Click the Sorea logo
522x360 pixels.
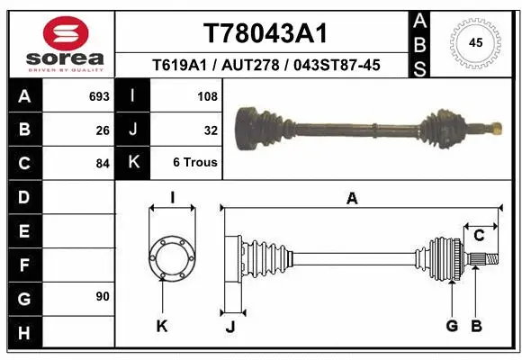pos(65,42)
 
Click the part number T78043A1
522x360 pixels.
pos(265,34)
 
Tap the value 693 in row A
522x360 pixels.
pos(99,96)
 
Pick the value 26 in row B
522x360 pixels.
pos(102,130)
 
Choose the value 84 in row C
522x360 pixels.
pos(102,165)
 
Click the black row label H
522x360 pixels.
pos(23,334)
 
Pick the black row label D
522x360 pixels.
pos(23,196)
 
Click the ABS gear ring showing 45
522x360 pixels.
pos(475,42)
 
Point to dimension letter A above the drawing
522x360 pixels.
pos(352,199)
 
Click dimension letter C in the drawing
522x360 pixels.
pos(480,236)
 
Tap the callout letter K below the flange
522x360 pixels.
pos(162,327)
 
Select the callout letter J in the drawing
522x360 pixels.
pos(229,327)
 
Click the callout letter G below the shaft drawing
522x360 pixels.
pos(452,326)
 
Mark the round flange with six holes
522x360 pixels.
pos(171,258)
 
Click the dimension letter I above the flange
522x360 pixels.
pos(171,197)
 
